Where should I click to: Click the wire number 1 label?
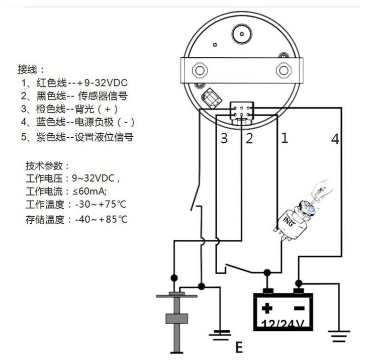[x=285, y=137]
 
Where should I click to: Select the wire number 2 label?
[x=249, y=139]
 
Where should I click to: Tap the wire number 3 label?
[x=224, y=139]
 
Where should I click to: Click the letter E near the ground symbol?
[x=238, y=347]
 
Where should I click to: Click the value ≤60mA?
[x=91, y=192]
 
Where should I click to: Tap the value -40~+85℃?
[x=101, y=219]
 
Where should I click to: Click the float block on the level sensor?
[x=176, y=319]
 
